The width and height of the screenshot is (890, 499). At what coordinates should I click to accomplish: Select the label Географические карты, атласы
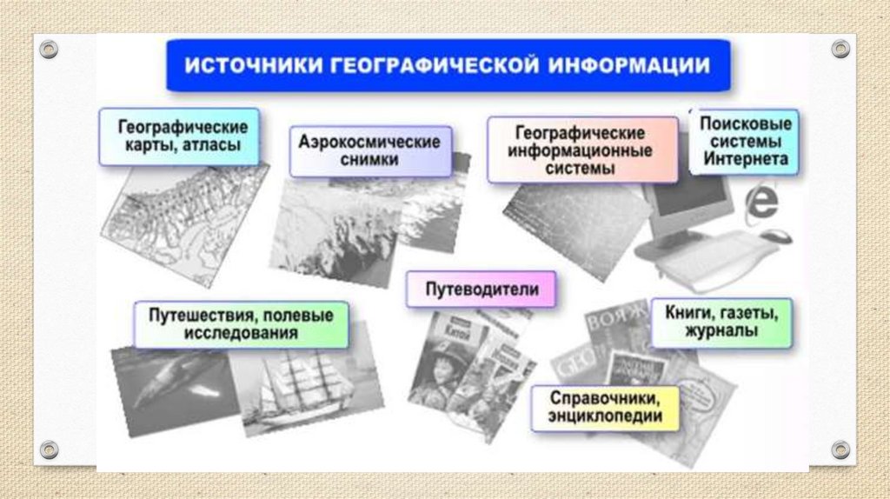tap(179, 136)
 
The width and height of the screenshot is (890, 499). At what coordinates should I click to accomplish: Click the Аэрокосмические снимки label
tap(370, 150)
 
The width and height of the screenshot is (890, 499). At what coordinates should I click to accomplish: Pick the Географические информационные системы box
tap(581, 150)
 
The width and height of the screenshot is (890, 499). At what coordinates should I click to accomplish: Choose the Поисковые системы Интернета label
tap(745, 141)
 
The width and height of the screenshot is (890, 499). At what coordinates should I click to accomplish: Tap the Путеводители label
tap(481, 289)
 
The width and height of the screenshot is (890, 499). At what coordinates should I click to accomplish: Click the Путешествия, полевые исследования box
tap(241, 323)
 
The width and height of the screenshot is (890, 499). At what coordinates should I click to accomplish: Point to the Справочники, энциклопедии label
tap(605, 408)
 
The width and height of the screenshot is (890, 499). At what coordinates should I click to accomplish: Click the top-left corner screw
tap(49, 49)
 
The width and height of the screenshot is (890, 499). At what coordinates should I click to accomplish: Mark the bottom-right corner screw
tap(840, 449)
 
